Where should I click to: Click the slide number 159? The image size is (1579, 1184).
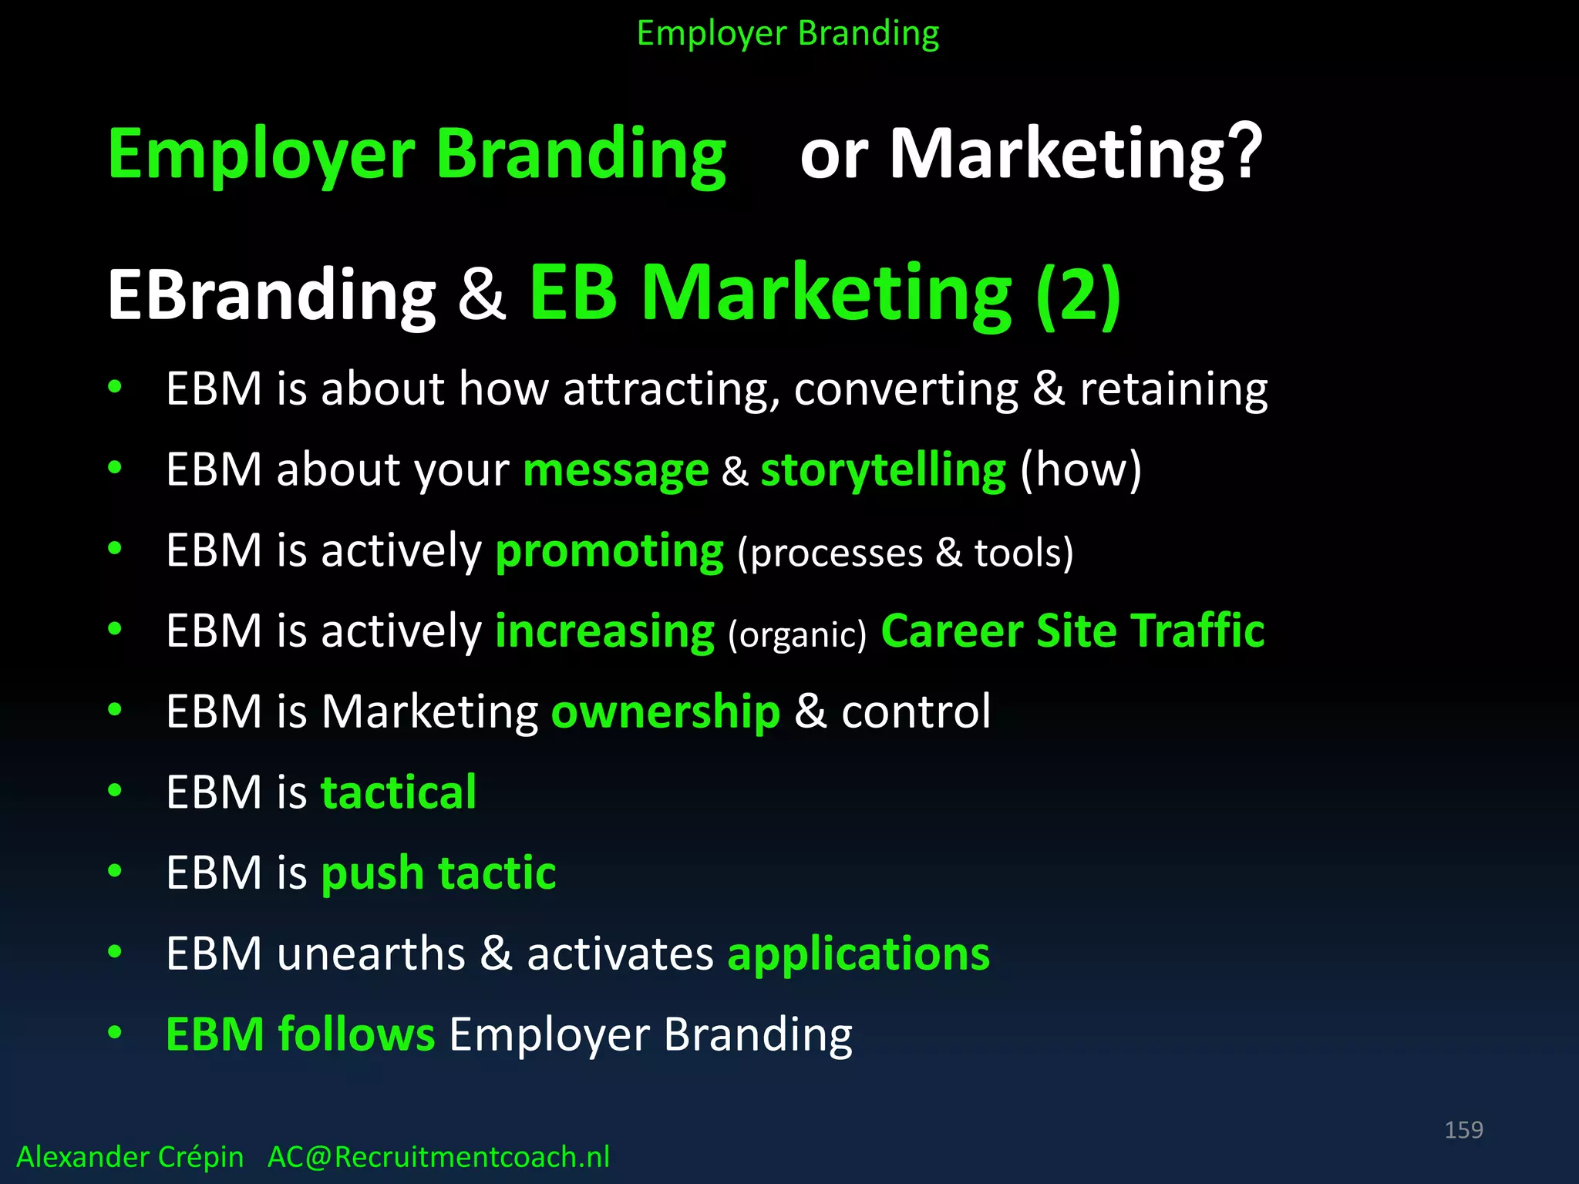tap(1463, 1130)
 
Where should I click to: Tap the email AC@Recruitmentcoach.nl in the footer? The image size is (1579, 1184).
tap(438, 1157)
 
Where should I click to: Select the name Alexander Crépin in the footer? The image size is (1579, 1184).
tap(130, 1157)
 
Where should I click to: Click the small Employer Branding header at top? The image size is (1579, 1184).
tap(787, 34)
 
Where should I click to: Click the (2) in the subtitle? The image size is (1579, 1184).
tap(1078, 294)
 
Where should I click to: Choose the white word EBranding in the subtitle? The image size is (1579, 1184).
tap(271, 296)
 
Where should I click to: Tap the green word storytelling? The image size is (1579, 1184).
tap(883, 470)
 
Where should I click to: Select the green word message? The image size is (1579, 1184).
tap(615, 470)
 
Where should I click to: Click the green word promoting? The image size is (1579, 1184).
tap(609, 552)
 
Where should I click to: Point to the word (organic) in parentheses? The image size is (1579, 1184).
tap(797, 634)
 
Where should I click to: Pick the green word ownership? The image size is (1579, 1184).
tap(665, 711)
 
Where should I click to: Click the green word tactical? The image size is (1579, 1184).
tap(398, 792)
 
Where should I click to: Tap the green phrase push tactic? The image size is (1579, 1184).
tap(438, 873)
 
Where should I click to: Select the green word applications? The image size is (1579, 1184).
tap(858, 954)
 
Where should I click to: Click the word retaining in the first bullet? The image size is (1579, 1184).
tap(1173, 389)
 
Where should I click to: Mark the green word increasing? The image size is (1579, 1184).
tap(604, 631)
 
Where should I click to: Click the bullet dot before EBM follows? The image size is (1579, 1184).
tap(115, 1032)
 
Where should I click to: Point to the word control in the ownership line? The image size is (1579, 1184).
tap(915, 711)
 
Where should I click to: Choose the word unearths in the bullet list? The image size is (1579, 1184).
tap(371, 954)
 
